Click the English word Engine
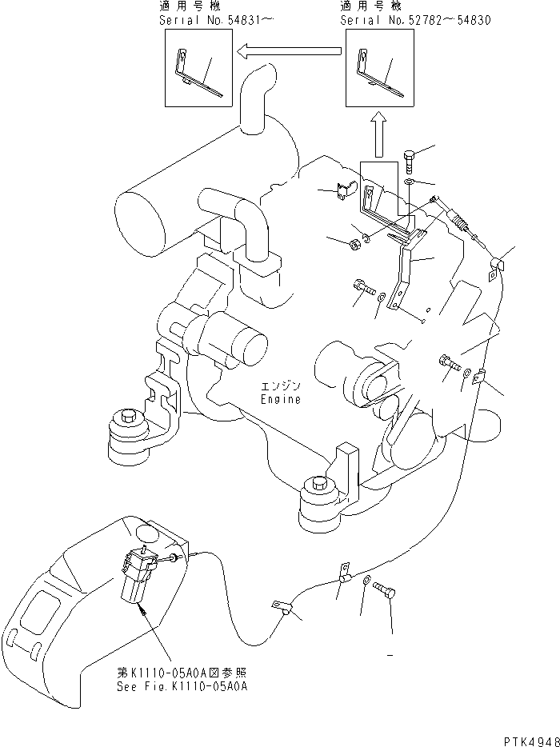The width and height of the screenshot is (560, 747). (281, 399)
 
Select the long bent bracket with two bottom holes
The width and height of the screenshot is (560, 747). (402, 272)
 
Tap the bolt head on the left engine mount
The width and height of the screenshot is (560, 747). (127, 417)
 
